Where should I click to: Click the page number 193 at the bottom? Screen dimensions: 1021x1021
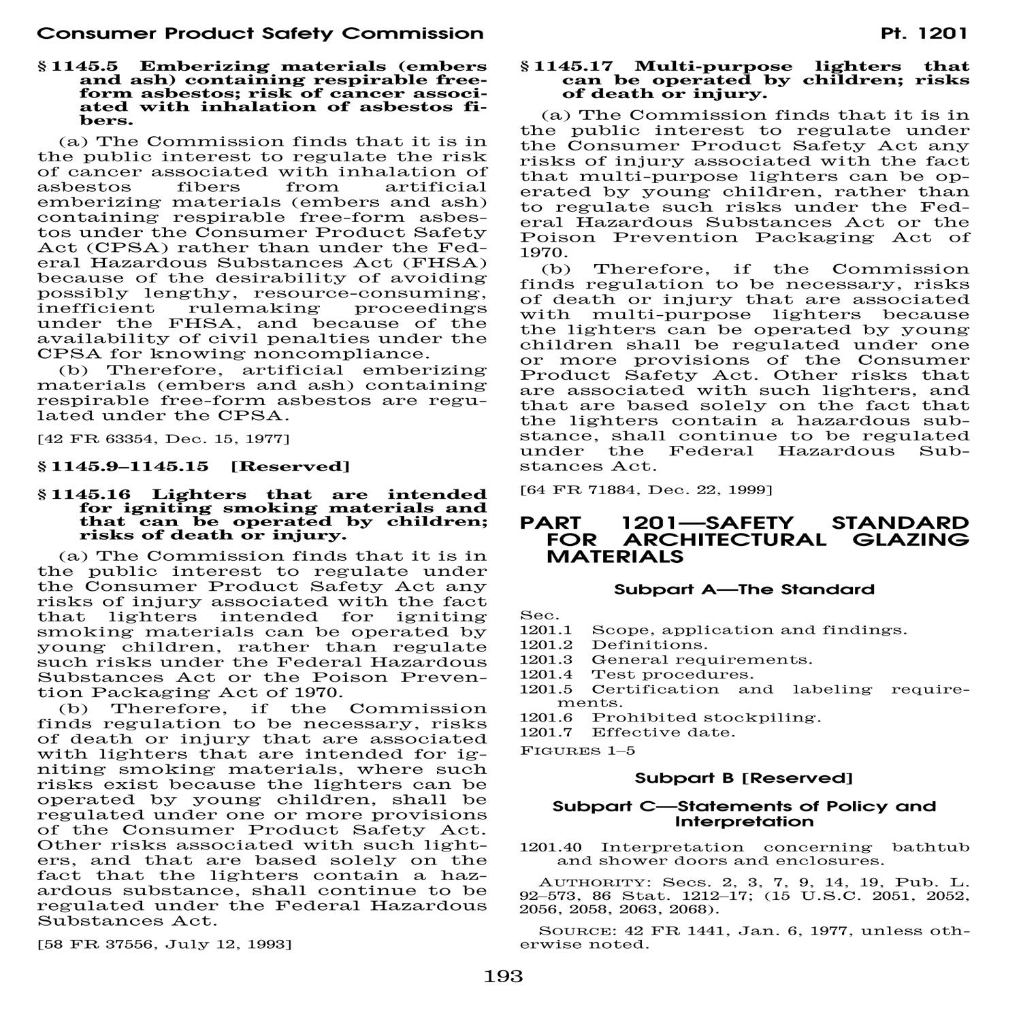(x=504, y=977)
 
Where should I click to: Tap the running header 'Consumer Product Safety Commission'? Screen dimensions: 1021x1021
(x=260, y=33)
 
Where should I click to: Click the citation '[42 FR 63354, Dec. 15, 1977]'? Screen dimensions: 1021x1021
(x=163, y=439)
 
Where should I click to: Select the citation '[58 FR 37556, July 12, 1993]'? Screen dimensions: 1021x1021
(x=165, y=944)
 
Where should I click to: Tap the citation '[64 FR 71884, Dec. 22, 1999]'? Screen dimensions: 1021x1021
(x=646, y=489)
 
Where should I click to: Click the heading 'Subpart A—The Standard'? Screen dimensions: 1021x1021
(x=744, y=589)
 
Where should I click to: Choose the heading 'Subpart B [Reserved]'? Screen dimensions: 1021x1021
(x=744, y=777)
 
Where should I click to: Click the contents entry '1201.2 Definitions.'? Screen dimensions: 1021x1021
(x=614, y=645)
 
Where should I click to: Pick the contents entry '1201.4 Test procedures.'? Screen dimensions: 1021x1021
(x=637, y=675)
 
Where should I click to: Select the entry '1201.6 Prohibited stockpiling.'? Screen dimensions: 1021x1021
(x=670, y=717)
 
